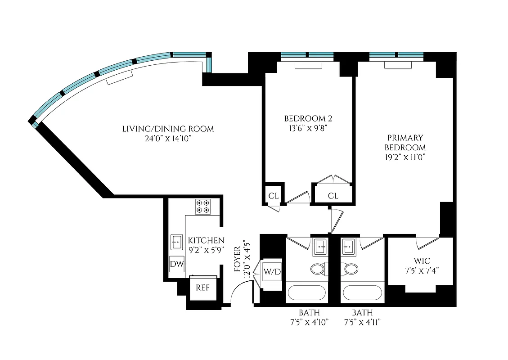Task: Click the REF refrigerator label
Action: (x=202, y=288)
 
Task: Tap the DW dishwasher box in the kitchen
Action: (x=177, y=264)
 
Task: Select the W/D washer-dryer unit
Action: (x=272, y=271)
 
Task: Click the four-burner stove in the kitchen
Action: (x=202, y=207)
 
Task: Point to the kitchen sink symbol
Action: (x=176, y=242)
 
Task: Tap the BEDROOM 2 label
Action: (x=308, y=119)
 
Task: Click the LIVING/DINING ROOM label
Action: (x=168, y=129)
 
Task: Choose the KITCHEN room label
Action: (x=206, y=241)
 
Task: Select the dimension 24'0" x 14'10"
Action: (x=168, y=139)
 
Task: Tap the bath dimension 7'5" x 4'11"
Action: (x=362, y=322)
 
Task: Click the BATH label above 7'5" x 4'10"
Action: (x=310, y=313)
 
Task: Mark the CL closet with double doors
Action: (x=333, y=195)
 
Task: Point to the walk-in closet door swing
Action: (x=427, y=243)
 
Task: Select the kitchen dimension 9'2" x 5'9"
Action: (x=206, y=250)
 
